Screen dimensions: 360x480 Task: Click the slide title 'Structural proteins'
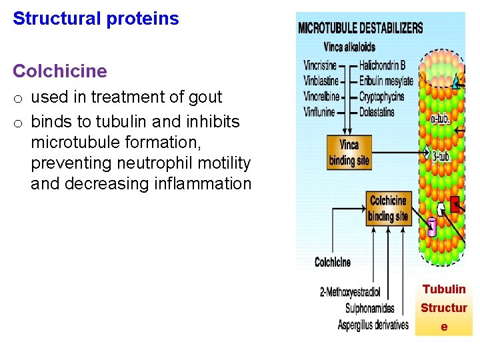tap(96, 19)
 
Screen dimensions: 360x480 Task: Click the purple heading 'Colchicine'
tap(60, 71)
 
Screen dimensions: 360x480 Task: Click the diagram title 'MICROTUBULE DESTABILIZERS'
tap(360, 28)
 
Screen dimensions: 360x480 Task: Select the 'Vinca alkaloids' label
tap(349, 47)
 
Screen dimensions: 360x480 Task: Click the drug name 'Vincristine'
tap(320, 65)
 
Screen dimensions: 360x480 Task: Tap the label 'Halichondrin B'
tap(382, 65)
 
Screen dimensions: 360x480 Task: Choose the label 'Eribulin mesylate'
tap(386, 81)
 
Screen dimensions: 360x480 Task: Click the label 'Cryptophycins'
tap(382, 97)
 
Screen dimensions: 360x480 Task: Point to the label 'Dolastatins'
tap(377, 112)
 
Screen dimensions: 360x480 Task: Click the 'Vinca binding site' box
tap(348, 153)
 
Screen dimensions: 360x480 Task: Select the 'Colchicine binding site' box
tap(387, 208)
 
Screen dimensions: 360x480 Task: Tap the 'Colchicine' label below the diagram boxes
tap(332, 262)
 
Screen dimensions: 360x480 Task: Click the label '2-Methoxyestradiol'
tap(350, 291)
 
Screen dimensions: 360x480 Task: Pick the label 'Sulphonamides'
tap(369, 308)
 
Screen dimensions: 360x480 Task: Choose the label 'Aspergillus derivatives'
tap(373, 325)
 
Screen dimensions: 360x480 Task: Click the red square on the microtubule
tap(455, 205)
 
